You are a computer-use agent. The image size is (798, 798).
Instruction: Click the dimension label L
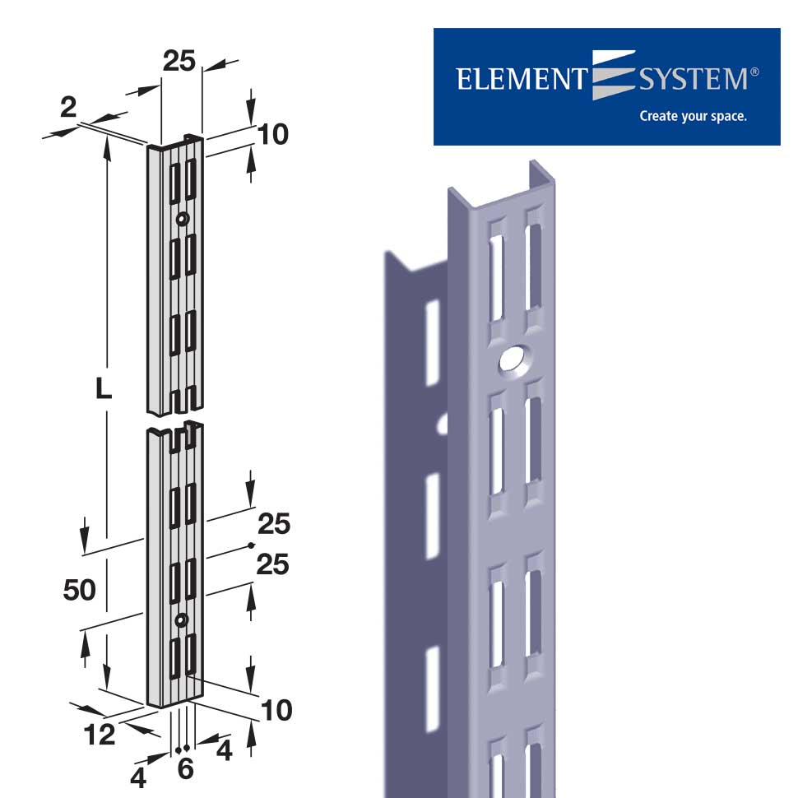pos(103,389)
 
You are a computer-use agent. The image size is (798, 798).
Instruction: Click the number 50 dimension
pos(80,590)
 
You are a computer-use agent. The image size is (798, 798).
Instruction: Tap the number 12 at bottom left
pos(100,735)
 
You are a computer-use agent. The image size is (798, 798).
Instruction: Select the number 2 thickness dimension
pos(68,107)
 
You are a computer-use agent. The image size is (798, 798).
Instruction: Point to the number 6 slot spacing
pos(185,769)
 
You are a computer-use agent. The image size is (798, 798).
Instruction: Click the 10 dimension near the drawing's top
pos(273,134)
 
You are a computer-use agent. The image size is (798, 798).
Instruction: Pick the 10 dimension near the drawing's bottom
pos(276,710)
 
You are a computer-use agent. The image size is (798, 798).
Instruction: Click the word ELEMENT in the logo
pos(519,80)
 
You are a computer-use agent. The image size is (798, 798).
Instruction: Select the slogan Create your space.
pos(693,116)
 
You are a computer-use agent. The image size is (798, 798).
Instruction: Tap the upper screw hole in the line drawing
pos(182,219)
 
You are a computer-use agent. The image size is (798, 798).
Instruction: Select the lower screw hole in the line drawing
pos(182,619)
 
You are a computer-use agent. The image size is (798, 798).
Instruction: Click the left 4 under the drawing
pos(138,775)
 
